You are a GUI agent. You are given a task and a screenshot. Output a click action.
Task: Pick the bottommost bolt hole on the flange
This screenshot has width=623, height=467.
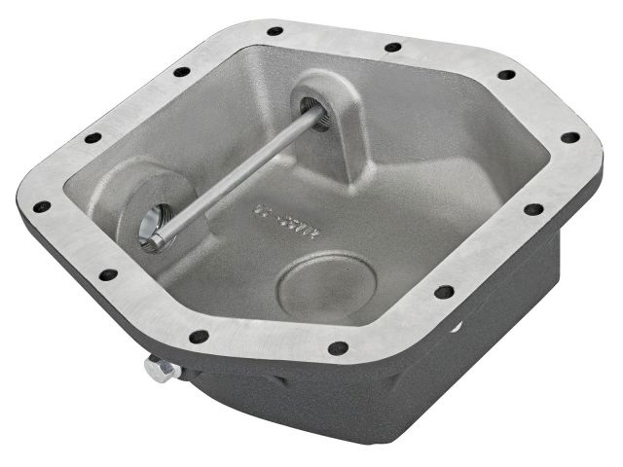[338, 347]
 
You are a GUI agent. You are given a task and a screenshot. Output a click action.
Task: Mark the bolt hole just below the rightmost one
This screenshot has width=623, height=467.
[532, 209]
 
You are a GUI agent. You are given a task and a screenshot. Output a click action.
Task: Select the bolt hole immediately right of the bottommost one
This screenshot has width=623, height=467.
[443, 291]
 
